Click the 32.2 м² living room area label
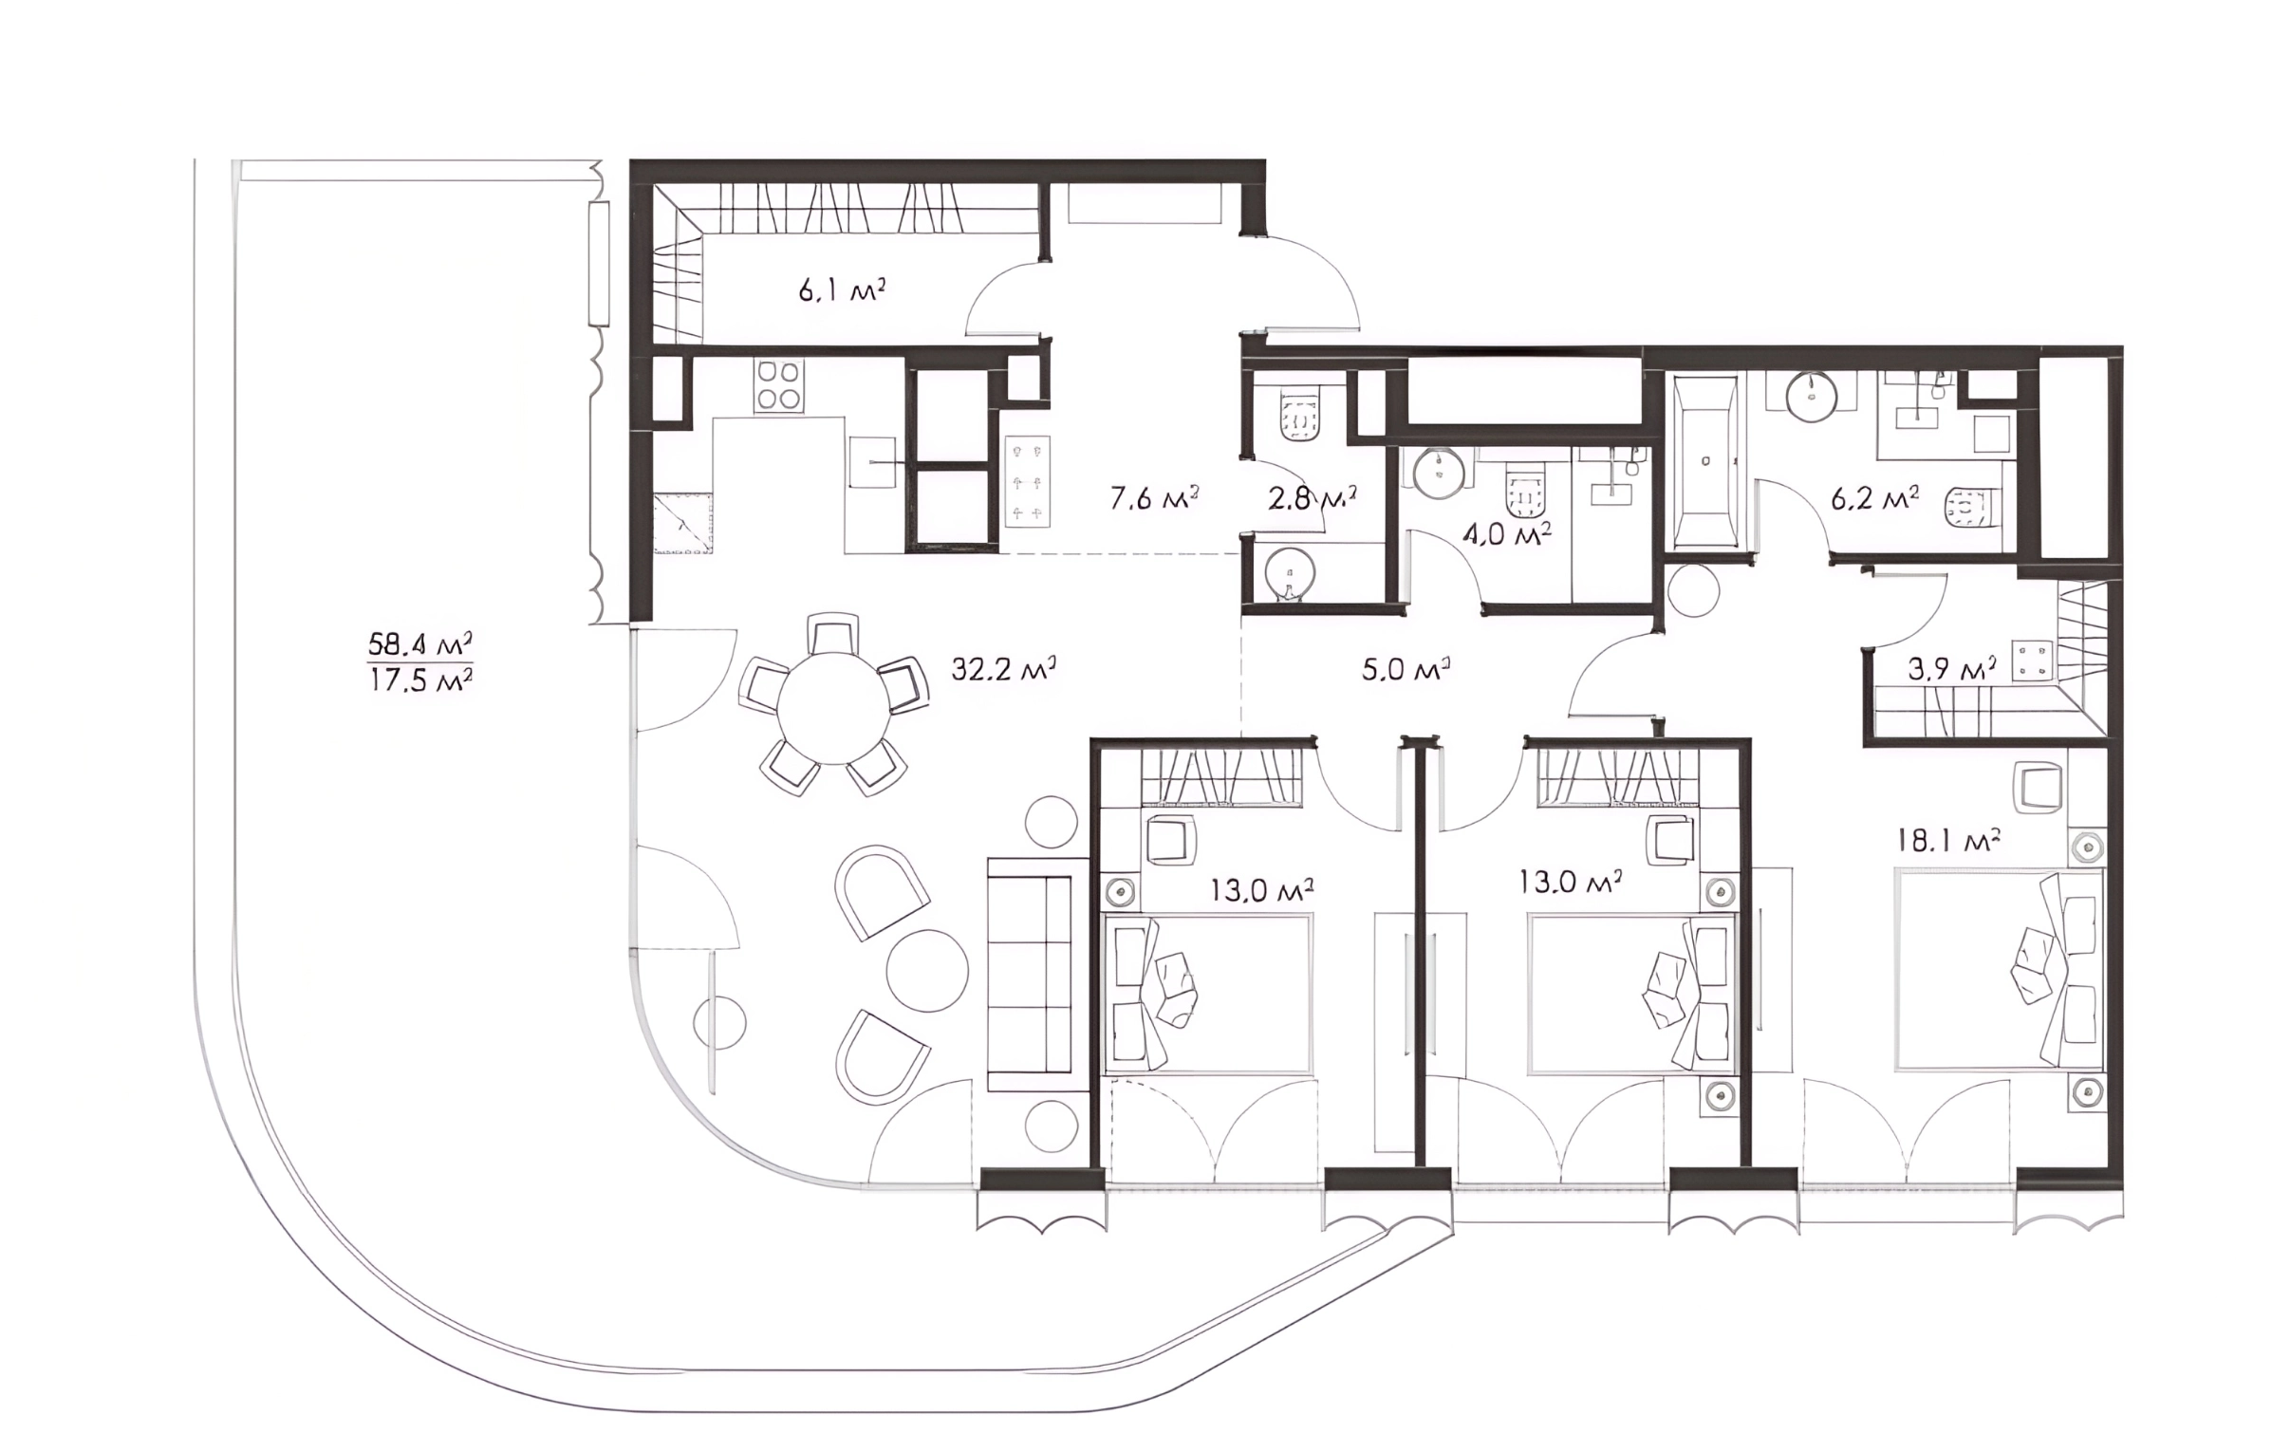pos(1004,668)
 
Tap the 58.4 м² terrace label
pos(420,644)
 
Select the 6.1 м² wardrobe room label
pos(842,289)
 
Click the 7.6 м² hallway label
pos(1155,496)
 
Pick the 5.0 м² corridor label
pos(1406,670)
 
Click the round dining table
pos(833,708)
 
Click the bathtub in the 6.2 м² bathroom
pos(1705,460)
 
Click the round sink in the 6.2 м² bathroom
pos(1813,394)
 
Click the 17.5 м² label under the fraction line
pos(420,680)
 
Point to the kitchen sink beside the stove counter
pos(872,462)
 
